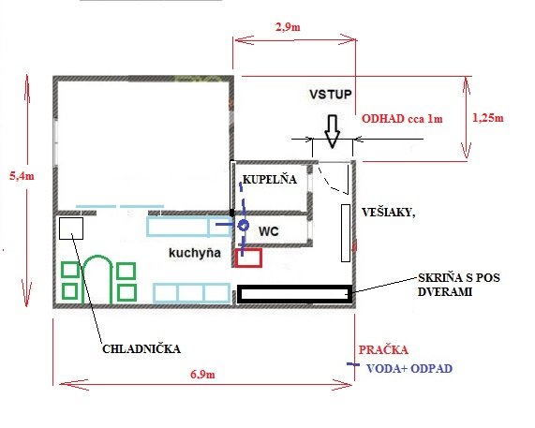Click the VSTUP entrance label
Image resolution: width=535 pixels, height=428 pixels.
tap(331, 95)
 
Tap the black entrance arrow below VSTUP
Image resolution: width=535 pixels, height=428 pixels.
tap(332, 131)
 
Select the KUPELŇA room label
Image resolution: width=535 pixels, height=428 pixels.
tap(270, 180)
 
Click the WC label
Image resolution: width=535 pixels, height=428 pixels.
tap(269, 231)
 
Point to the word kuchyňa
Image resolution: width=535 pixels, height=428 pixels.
tap(195, 253)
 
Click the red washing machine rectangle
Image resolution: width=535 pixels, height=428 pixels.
tap(248, 258)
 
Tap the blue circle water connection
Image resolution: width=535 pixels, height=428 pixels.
tap(244, 226)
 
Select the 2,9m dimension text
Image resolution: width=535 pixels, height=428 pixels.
tap(288, 27)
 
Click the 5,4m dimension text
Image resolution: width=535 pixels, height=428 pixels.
tap(22, 176)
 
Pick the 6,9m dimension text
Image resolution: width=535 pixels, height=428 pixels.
tap(202, 375)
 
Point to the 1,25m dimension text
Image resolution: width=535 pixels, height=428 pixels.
tap(488, 118)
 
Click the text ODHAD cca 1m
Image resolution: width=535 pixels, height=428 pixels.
tap(402, 119)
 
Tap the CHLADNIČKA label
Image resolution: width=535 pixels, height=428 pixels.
tap(141, 349)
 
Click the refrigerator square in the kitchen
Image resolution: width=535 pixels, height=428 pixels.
tap(71, 229)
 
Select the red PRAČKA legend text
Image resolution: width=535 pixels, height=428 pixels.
tap(383, 350)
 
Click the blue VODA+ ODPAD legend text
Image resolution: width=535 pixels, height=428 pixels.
tap(409, 369)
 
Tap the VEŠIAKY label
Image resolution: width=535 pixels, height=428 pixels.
tap(388, 213)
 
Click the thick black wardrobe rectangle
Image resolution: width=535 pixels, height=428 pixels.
tap(295, 294)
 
